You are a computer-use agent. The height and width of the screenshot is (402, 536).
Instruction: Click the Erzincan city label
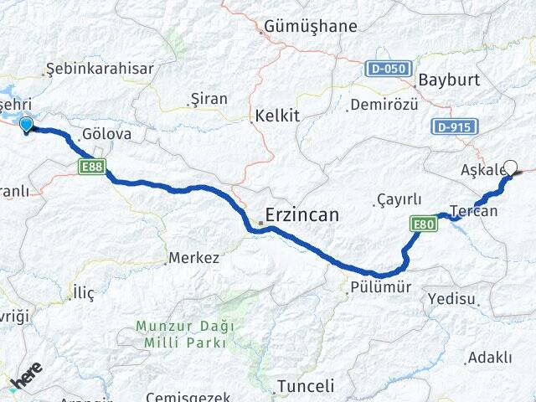303,215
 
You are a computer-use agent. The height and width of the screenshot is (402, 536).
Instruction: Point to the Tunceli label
305,386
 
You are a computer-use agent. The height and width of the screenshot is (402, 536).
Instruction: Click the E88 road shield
92,167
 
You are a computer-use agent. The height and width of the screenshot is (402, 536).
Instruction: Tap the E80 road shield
423,224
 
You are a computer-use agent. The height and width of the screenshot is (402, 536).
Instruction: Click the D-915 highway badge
456,127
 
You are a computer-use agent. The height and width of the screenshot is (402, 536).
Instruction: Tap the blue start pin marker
26,125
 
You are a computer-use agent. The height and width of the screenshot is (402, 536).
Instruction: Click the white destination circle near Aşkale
510,167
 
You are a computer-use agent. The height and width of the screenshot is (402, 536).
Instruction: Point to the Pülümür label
379,287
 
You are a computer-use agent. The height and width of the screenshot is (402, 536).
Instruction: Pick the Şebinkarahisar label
100,69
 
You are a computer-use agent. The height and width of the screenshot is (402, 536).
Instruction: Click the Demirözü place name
383,105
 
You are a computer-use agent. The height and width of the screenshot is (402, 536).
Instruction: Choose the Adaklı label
490,358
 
